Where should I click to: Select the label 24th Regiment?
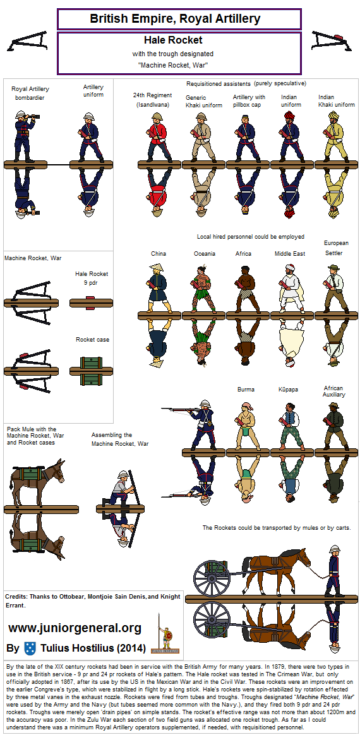point(152,95)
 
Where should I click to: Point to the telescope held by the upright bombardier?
point(34,116)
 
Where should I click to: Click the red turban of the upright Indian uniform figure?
point(289,116)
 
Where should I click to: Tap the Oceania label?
point(205,254)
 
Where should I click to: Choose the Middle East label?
point(290,254)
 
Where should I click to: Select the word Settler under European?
point(334,253)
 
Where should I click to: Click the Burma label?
point(246,390)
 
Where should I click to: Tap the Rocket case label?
point(93,339)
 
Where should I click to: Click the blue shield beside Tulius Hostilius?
point(30,648)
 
